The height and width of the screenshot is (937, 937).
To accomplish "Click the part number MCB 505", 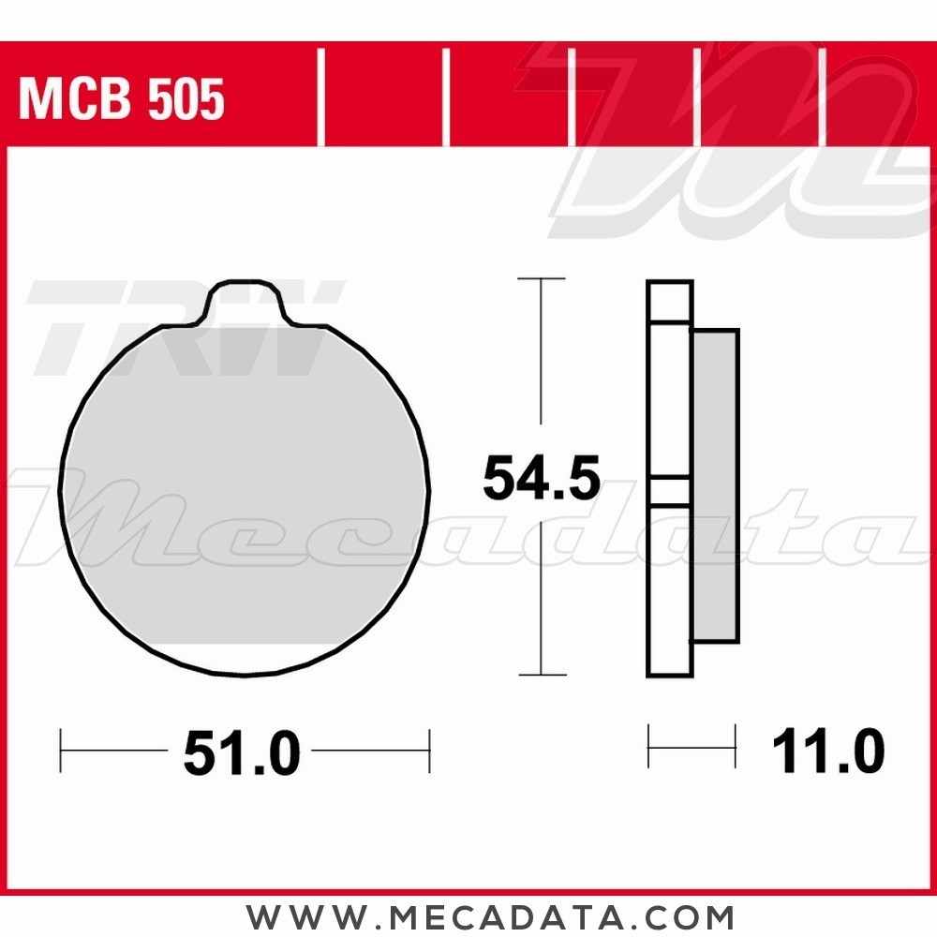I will pos(122,100).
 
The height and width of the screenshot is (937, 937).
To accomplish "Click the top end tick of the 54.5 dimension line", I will pos(542,279).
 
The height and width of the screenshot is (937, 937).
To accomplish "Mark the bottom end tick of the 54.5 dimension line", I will pos(542,674).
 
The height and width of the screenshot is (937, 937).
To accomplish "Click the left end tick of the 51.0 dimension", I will pos(61,751).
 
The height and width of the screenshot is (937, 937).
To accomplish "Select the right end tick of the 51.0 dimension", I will pos(428,751).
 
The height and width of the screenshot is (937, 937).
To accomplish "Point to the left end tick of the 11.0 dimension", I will pos(648,747).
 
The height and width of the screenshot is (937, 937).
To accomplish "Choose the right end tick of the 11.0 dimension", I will pos(736,747).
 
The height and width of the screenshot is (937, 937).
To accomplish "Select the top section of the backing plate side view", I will pos(670,302).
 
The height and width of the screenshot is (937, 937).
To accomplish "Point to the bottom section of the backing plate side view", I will pos(670,590).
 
